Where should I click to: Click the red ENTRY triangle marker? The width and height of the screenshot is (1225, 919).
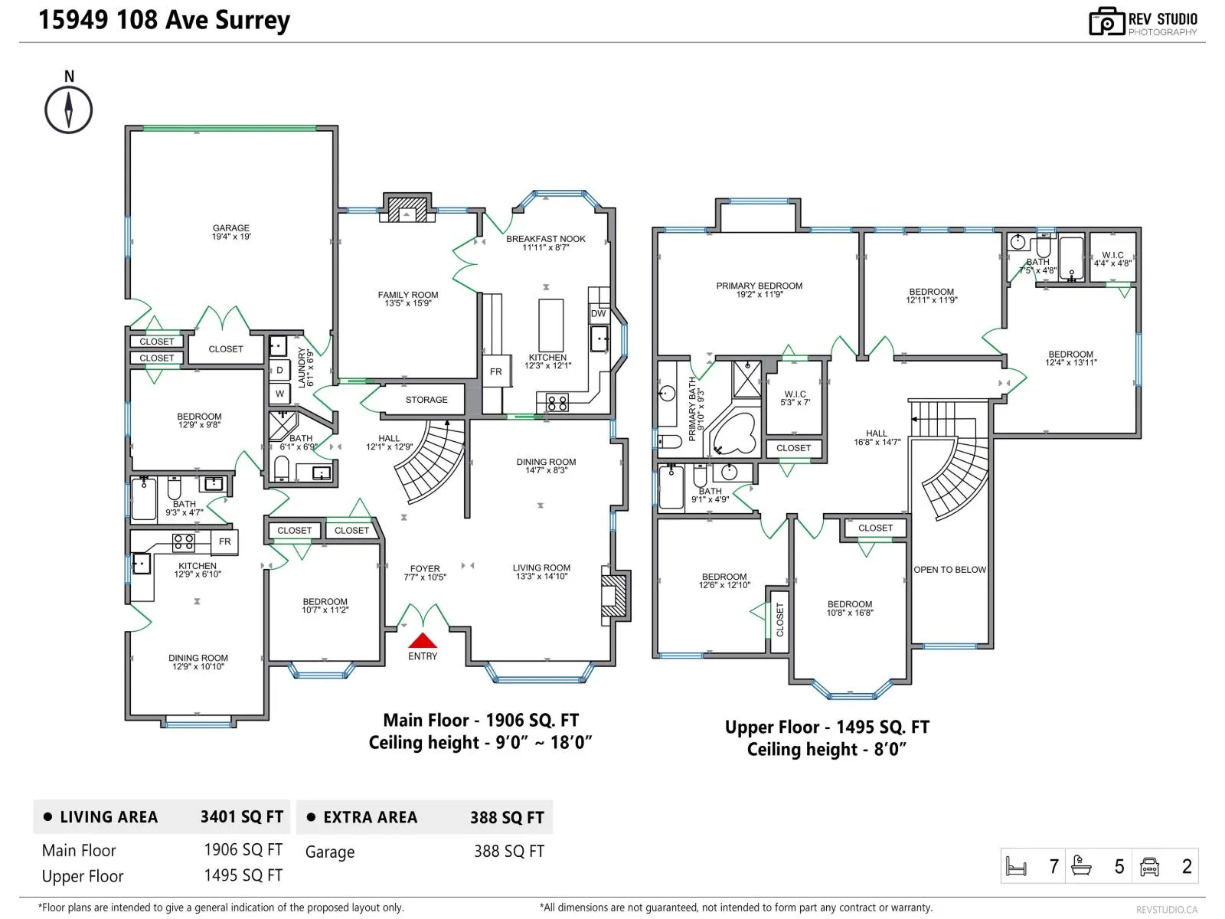pyautogui.click(x=423, y=640)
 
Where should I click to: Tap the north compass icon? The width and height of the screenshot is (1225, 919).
pyautogui.click(x=69, y=110)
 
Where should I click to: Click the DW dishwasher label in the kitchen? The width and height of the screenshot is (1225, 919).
pyautogui.click(x=598, y=313)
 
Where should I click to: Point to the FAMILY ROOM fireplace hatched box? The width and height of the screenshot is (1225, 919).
pyautogui.click(x=407, y=210)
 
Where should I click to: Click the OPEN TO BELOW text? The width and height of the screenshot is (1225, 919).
pyautogui.click(x=949, y=570)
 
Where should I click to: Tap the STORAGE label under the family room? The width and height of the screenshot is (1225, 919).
pyautogui.click(x=426, y=400)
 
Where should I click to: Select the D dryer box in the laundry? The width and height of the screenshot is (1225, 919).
pyautogui.click(x=279, y=370)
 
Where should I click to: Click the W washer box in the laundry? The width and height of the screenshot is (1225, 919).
pyautogui.click(x=279, y=394)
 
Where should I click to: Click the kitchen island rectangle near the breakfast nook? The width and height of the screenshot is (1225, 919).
pyautogui.click(x=550, y=325)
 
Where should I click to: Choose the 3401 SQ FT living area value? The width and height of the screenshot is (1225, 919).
pyautogui.click(x=242, y=817)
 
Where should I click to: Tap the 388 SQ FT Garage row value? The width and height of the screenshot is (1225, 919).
pyautogui.click(x=509, y=851)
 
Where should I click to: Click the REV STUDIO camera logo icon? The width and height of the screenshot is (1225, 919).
pyautogui.click(x=1106, y=21)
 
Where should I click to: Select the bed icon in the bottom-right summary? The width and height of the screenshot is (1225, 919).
pyautogui.click(x=1016, y=867)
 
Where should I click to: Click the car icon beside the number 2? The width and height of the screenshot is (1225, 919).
pyautogui.click(x=1149, y=867)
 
